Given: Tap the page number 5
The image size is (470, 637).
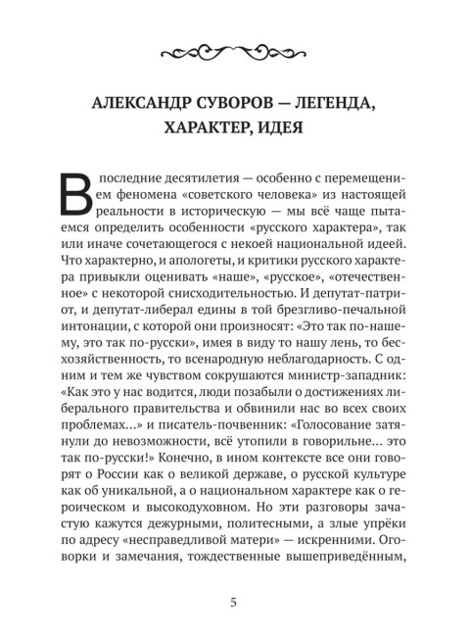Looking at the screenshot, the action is point(235,601).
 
